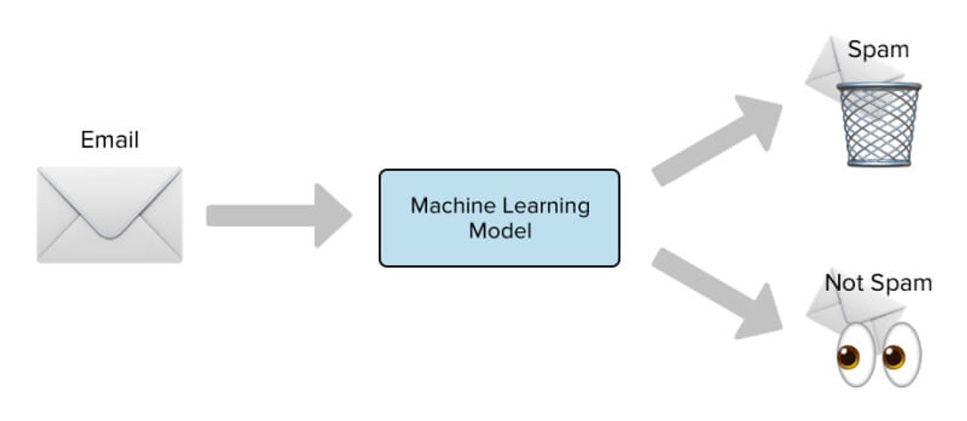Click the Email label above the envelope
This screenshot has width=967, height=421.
point(110,140)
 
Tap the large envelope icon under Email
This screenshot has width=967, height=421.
point(110,215)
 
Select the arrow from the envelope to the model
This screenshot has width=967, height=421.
point(279,216)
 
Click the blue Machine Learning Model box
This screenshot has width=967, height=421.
point(499,218)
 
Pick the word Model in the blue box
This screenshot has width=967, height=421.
point(500,230)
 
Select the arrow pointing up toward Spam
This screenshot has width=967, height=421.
point(717,140)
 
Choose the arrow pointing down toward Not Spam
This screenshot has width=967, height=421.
point(717,294)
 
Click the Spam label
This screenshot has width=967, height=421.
point(878,49)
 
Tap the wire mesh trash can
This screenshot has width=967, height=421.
point(879,124)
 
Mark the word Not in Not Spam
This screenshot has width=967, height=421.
point(845,283)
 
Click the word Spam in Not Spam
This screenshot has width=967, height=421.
point(901,284)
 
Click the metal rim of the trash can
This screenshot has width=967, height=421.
point(879,86)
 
